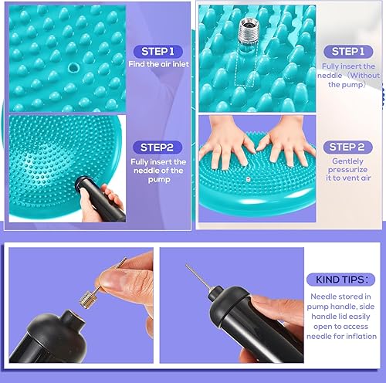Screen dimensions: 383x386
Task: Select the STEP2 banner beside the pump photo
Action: click(157, 145)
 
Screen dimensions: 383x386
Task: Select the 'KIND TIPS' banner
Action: click(342, 280)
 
